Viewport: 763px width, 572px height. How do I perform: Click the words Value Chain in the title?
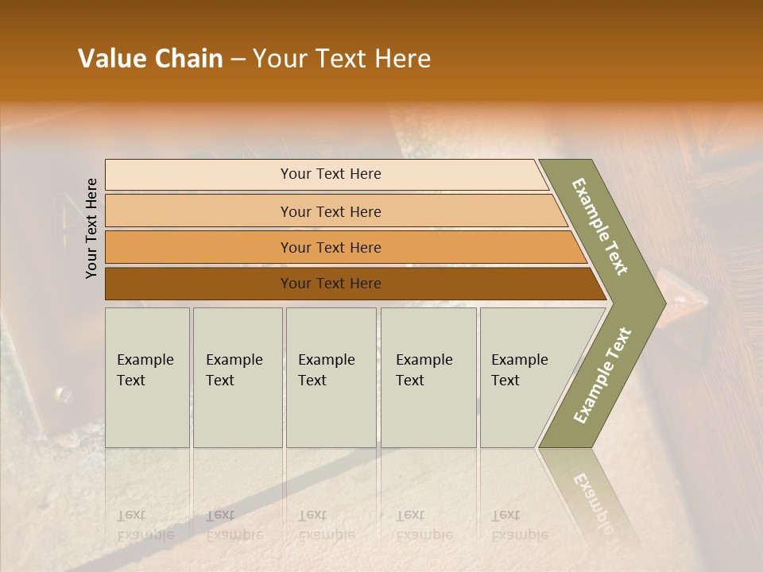(150, 59)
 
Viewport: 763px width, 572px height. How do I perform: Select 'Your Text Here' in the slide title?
(342, 59)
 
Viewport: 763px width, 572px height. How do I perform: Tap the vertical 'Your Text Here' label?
(91, 228)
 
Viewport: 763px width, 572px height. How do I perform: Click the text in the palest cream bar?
(331, 174)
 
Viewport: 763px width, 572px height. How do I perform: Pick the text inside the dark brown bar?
(331, 284)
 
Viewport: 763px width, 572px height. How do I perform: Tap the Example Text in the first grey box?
(145, 369)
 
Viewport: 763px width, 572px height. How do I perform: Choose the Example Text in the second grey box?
(234, 369)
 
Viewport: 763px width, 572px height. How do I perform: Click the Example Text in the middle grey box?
(326, 369)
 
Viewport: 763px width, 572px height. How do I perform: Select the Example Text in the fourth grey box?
(424, 369)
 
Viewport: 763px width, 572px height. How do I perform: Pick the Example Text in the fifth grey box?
(519, 369)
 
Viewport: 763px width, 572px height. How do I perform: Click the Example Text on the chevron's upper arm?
(600, 226)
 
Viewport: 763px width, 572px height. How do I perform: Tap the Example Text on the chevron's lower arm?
(602, 376)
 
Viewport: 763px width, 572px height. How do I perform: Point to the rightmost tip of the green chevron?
(665, 303)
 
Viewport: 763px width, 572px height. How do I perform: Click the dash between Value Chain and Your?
(238, 60)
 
